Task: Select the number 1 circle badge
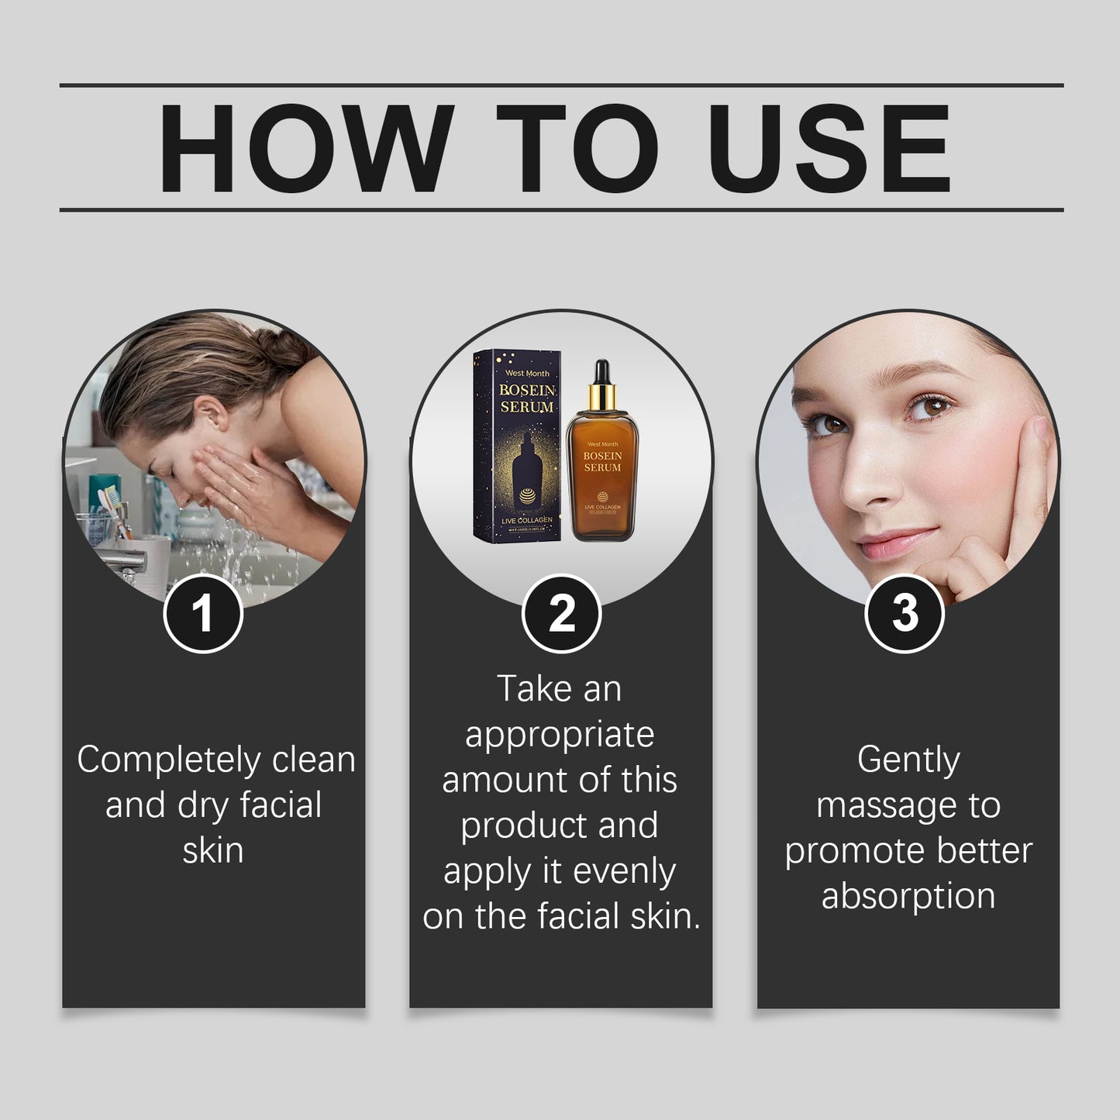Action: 203,613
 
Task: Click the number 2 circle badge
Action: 561,613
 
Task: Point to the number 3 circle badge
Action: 904,613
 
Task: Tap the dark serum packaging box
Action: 517,446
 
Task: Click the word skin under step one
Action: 213,850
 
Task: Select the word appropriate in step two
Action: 560,735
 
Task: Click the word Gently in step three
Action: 908,760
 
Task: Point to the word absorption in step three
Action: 908,896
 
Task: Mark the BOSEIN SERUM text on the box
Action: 526,398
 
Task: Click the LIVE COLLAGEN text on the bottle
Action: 602,507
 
